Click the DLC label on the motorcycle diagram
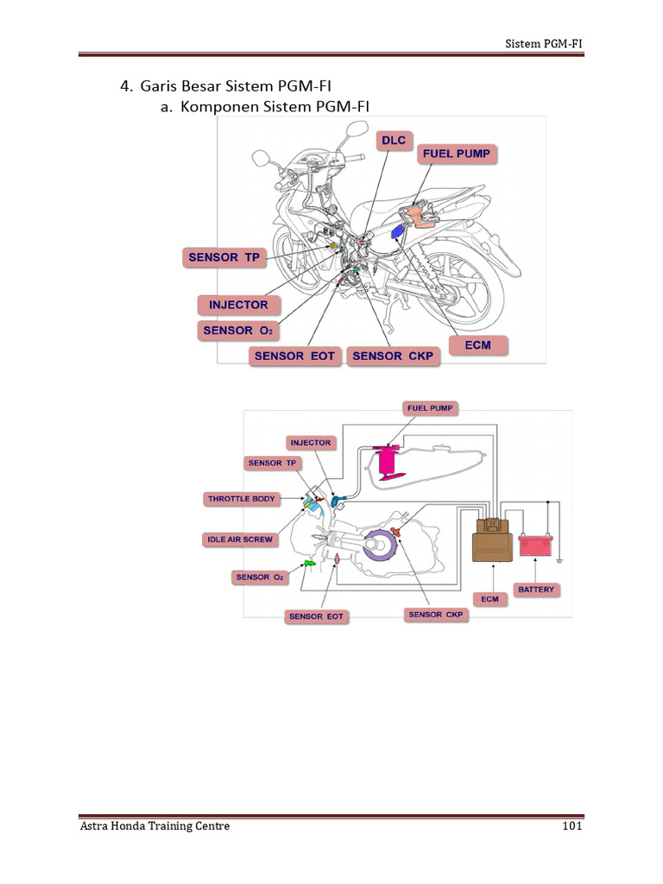pos(394,141)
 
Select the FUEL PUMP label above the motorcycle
pos(456,155)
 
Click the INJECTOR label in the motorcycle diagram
pos(238,305)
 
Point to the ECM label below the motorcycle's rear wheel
pos(477,345)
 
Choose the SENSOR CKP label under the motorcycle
pos(393,356)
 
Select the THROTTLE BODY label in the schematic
pos(240,499)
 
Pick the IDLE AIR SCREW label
pos(240,540)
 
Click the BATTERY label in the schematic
pos(536,590)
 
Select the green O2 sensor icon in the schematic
pos(306,565)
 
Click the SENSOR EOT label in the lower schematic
pos(316,616)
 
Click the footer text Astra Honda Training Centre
pos(155,826)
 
